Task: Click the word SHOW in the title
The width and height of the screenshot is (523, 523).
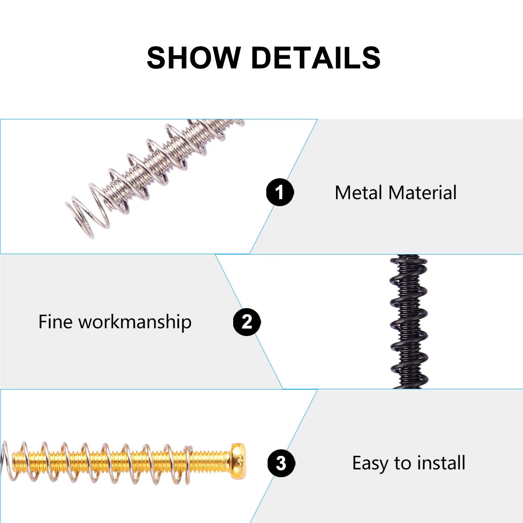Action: pos(194,58)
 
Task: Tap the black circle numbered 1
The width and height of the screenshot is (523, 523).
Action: pos(280,192)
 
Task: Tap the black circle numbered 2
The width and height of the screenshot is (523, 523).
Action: pos(247,322)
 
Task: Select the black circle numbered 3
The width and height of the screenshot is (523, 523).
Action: pos(281,463)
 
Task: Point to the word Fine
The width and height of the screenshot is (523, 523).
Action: pos(55,322)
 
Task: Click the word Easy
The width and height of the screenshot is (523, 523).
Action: pos(370,463)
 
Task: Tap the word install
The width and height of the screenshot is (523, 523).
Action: pos(441,463)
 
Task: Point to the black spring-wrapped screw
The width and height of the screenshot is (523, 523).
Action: pos(408,323)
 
